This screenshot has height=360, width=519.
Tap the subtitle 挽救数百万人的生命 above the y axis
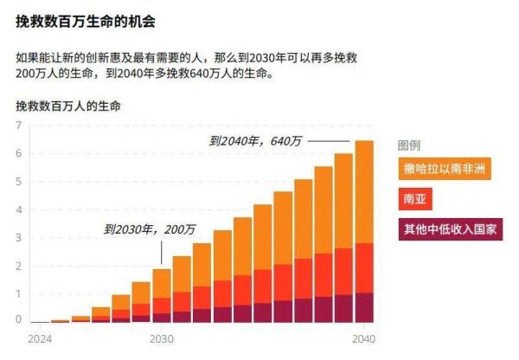(68, 106)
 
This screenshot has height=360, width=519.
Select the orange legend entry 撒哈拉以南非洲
(445, 168)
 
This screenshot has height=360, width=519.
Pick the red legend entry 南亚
(414, 199)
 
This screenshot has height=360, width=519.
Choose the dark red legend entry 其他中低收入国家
(450, 229)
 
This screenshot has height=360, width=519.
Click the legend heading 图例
(409, 145)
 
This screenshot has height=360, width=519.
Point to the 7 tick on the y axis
(17, 125)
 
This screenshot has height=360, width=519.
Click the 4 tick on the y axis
(17, 210)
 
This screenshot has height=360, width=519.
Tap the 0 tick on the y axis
(17, 319)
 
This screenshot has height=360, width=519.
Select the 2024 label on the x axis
(40, 338)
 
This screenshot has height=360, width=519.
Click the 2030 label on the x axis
(162, 338)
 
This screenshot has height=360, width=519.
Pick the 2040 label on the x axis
(364, 338)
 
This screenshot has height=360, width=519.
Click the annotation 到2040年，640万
(256, 140)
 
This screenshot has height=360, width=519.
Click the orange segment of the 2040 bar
(364, 190)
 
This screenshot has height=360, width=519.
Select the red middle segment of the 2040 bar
(364, 267)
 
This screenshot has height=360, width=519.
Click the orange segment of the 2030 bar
(162, 283)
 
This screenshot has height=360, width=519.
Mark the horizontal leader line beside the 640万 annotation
(329, 140)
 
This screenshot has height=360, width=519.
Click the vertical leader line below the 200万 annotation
(162, 253)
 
